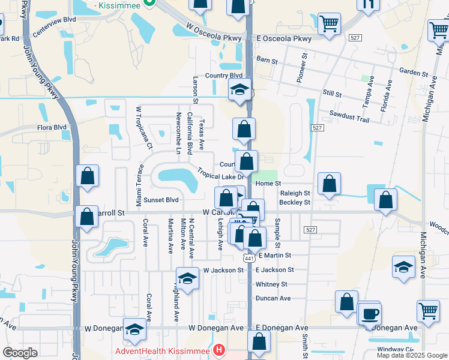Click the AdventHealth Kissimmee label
[163, 350]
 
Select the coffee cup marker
[370, 313]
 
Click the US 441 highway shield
[249, 257]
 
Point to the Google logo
[20, 353]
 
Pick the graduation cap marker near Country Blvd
[240, 91]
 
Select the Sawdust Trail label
[349, 119]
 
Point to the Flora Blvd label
[52, 127]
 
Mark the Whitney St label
[271, 284]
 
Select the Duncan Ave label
[273, 298]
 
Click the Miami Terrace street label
[139, 186]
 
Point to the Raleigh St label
[295, 193]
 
